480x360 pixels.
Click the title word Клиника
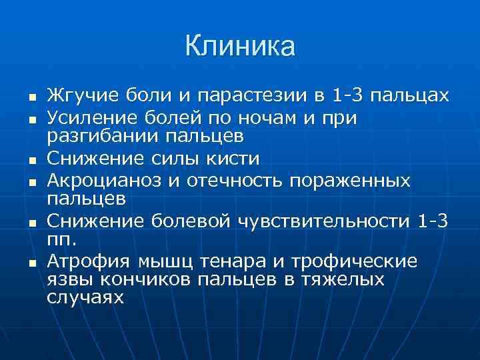[x=240, y=46]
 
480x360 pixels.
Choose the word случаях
[x=86, y=297]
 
